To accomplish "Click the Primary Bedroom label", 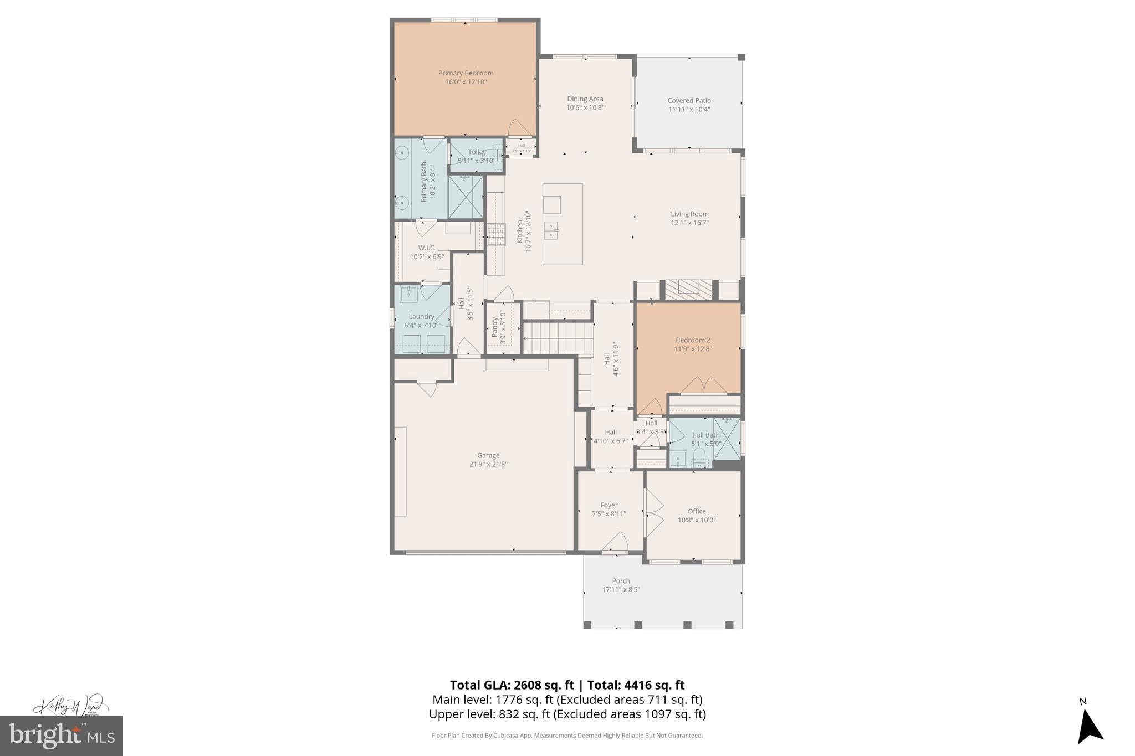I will tap(466, 73).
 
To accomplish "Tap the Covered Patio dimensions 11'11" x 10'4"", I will tap(689, 110).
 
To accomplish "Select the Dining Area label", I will tap(585, 99).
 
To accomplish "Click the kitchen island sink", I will tap(551, 230).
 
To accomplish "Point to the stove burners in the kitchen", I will tap(496, 234).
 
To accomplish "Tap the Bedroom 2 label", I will tap(693, 340).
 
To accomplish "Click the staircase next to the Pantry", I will tap(558, 338).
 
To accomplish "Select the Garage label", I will tap(488, 456).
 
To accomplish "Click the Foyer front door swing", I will tap(615, 543).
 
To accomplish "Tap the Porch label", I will tap(621, 581).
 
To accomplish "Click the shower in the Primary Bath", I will tap(466, 197).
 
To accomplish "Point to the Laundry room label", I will tap(421, 317).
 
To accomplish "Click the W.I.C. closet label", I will tap(427, 248).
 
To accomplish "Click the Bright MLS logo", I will tap(62, 736).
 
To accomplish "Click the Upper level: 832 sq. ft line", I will tap(567, 714).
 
